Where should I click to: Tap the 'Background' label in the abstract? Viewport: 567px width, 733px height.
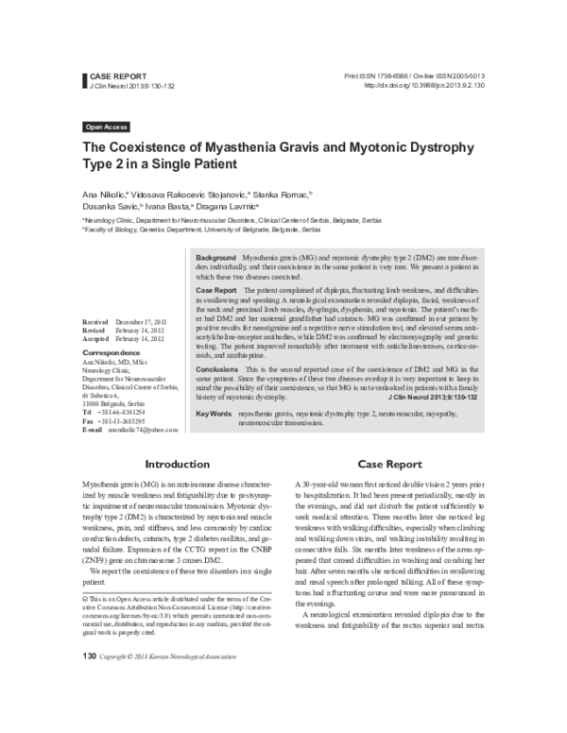point(215,257)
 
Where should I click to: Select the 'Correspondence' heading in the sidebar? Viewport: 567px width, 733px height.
point(112,351)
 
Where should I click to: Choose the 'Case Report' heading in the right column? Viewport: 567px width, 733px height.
point(389,464)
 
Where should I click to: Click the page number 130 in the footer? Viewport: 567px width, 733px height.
point(91,706)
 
